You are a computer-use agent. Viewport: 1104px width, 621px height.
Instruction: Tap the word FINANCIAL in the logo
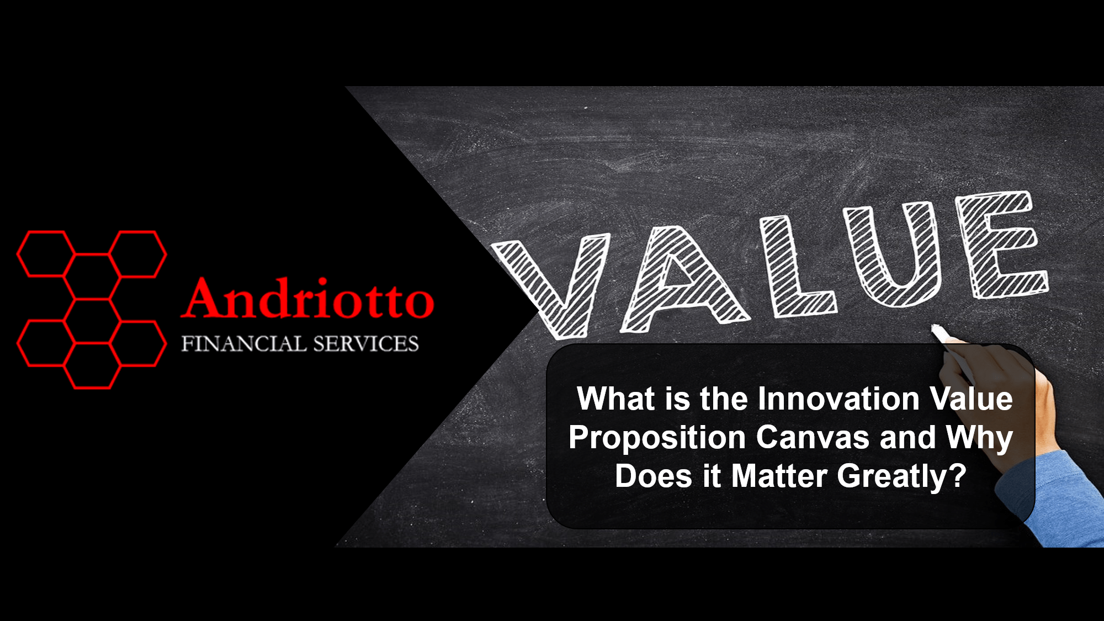pyautogui.click(x=243, y=344)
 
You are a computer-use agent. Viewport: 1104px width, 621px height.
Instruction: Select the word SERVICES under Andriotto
pyautogui.click(x=365, y=344)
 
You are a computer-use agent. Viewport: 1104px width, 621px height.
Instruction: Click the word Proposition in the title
pyautogui.click(x=657, y=438)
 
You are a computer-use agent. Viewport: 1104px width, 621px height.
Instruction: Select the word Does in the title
pyautogui.click(x=653, y=476)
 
